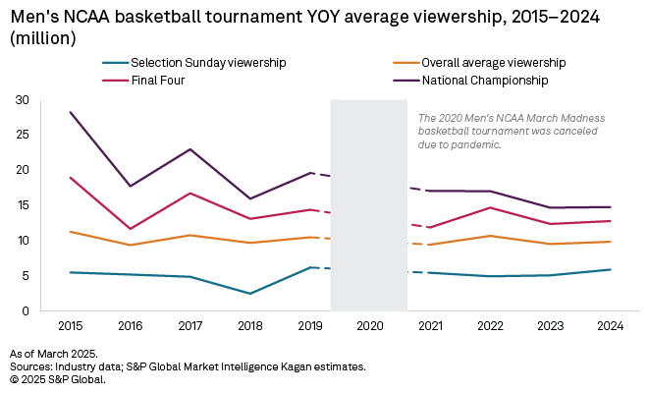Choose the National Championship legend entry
click(485, 80)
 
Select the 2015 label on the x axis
click(70, 324)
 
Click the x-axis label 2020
click(368, 324)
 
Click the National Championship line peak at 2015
click(70, 113)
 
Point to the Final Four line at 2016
click(130, 229)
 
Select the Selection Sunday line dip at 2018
click(249, 293)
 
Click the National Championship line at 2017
click(189, 149)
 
